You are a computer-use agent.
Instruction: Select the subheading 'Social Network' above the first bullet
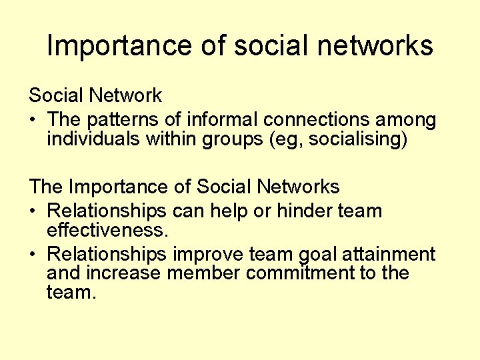(x=95, y=95)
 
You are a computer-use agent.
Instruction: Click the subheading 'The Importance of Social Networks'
(x=184, y=187)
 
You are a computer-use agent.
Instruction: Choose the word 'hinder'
(x=296, y=211)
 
